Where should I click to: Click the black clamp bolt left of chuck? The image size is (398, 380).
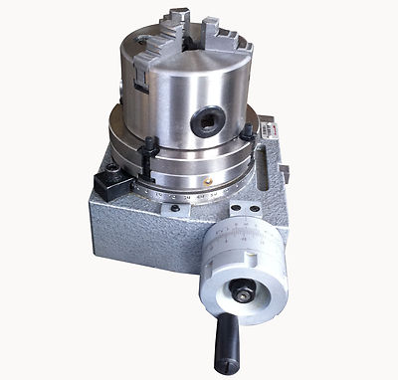(148, 149)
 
